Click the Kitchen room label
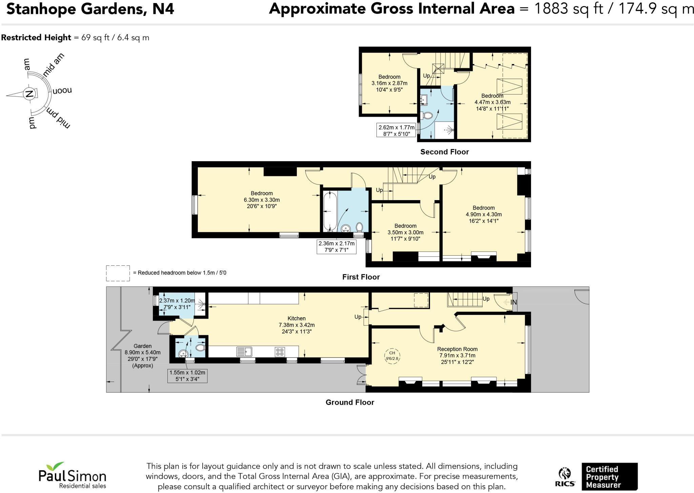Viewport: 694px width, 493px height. [297, 318]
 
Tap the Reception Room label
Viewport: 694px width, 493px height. [457, 349]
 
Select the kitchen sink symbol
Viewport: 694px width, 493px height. [244, 352]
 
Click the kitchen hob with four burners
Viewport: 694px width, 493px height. [280, 352]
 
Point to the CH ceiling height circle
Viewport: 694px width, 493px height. [392, 356]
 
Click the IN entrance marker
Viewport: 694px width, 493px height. [513, 302]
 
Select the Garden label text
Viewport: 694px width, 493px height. [142, 346]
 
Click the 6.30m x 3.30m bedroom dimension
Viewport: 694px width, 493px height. [262, 200]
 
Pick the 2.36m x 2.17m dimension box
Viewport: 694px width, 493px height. [336, 246]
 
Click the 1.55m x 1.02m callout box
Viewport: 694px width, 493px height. [187, 376]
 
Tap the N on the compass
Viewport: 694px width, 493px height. [29, 94]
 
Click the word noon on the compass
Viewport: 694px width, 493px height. [62, 91]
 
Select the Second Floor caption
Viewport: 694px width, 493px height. [444, 152]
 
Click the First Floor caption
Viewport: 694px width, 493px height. [361, 277]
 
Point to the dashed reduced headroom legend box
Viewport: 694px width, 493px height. [118, 273]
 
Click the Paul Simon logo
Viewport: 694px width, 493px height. [72, 475]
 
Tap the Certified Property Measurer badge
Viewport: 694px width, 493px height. [609, 477]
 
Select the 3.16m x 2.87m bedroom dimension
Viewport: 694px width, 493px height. [389, 83]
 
